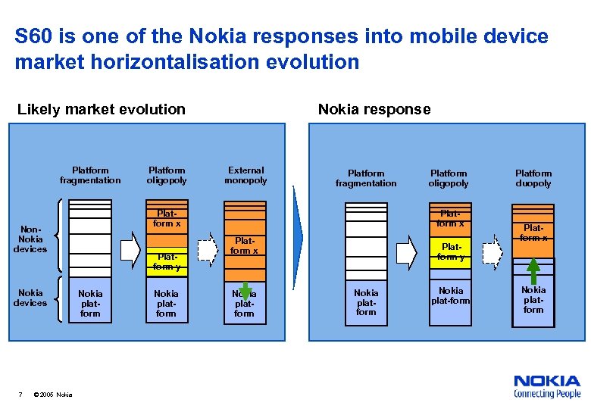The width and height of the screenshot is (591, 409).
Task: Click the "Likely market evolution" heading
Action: point(101,110)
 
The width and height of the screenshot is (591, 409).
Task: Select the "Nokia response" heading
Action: point(374,110)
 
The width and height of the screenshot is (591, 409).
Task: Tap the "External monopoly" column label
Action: point(245,176)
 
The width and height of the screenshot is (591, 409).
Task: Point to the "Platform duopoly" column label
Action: point(533,178)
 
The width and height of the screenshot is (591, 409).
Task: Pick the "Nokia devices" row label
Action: point(30,298)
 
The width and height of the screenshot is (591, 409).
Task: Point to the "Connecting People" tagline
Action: point(547,394)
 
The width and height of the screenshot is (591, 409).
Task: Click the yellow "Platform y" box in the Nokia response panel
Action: point(451,251)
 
